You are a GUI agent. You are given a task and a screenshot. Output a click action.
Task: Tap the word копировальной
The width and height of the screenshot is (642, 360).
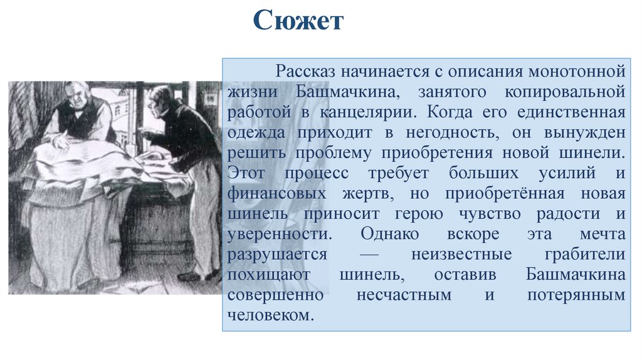coord(565,92)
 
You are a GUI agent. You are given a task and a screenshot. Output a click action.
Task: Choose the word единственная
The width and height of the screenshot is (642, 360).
coord(574,112)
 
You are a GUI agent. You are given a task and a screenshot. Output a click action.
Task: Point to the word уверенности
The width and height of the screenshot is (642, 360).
coord(278,234)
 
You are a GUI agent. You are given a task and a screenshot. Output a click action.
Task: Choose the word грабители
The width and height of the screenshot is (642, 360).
coord(585,254)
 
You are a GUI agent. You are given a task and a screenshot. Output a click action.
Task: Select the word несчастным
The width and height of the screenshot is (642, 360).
coord(404,295)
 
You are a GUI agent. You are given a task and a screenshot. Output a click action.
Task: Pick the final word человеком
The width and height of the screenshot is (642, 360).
coord(270,315)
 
